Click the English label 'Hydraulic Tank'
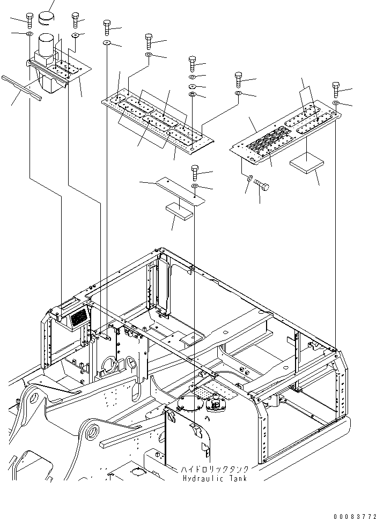coord(215,479)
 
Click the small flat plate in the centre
coord(180,191)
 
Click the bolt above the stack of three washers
coord(193,63)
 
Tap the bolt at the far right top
coord(336,89)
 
